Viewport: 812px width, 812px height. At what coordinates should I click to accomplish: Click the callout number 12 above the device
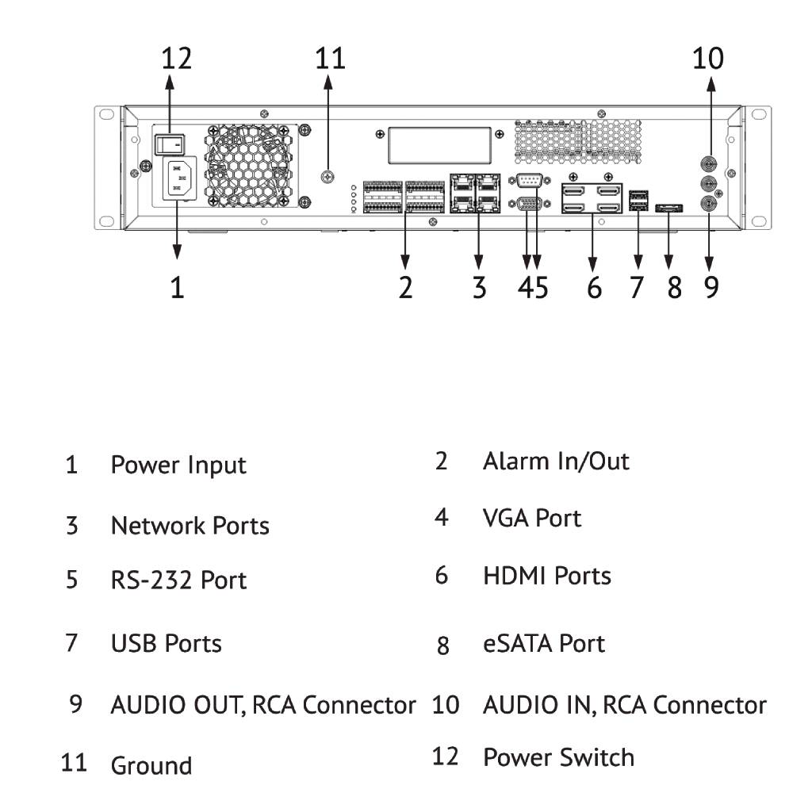[177, 58]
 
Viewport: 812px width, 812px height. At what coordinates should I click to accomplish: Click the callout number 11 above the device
[330, 58]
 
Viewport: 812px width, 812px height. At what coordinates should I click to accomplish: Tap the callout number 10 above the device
[707, 58]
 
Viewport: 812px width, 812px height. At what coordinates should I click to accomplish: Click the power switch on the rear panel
[168, 144]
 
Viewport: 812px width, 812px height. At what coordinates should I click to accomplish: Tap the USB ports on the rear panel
[638, 200]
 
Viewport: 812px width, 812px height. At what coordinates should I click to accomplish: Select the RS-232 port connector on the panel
[529, 181]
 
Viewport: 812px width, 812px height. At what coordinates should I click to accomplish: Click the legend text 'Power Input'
[178, 465]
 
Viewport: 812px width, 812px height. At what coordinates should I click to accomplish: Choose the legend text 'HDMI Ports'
[546, 576]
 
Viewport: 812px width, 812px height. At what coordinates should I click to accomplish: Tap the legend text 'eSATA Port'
[543, 643]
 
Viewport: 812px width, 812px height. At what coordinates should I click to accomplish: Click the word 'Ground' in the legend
[151, 766]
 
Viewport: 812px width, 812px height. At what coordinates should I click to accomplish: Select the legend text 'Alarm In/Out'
[555, 461]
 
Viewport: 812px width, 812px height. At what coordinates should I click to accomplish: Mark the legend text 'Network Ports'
[190, 526]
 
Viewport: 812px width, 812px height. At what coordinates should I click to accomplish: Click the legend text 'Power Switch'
[558, 757]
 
